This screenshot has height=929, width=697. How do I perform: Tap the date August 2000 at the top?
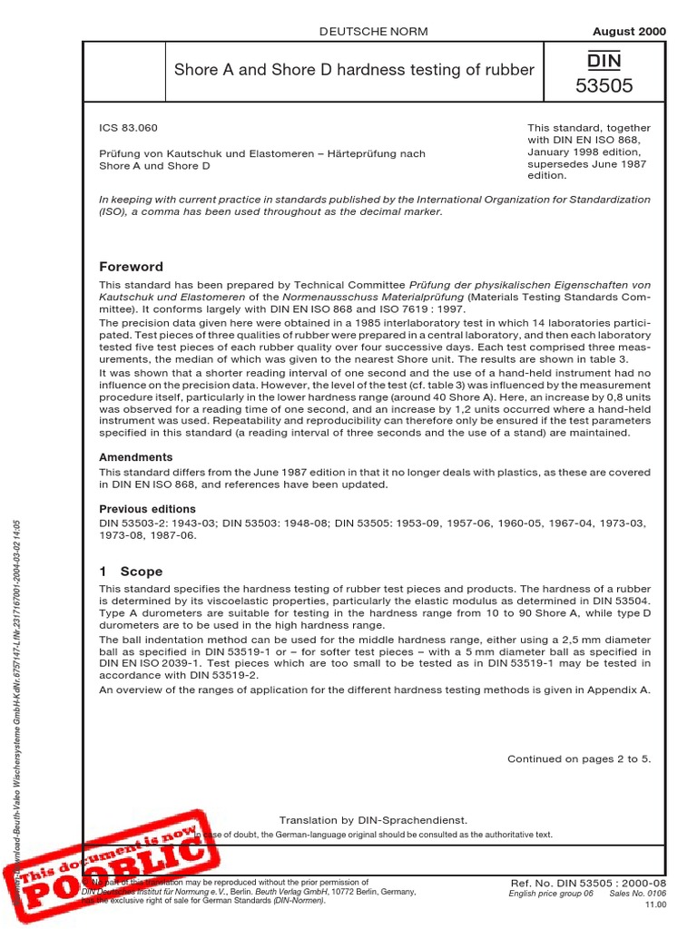(x=629, y=32)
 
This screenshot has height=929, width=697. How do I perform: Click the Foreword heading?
(x=131, y=267)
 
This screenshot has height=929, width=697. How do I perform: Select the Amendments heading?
(x=135, y=458)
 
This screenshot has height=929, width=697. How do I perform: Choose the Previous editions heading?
(x=147, y=509)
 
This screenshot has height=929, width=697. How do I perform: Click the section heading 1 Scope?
(x=131, y=572)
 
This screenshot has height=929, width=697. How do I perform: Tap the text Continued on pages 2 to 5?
(x=578, y=758)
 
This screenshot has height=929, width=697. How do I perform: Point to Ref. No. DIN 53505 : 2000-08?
(x=589, y=883)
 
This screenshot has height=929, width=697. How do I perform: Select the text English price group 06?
(x=552, y=894)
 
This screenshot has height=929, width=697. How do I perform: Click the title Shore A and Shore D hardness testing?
(x=354, y=69)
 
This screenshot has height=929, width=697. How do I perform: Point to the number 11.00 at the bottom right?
(x=653, y=905)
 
